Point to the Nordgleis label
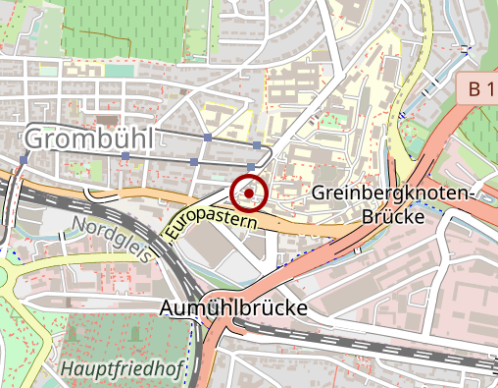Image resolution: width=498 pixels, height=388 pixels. pyautogui.click(x=112, y=239)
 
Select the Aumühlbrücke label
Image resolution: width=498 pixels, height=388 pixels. pyautogui.click(x=232, y=308)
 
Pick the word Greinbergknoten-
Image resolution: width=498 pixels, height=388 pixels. pyautogui.click(x=393, y=193)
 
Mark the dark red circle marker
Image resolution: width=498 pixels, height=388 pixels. pyautogui.click(x=250, y=194)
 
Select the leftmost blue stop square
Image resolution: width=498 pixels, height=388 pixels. pyautogui.click(x=22, y=159)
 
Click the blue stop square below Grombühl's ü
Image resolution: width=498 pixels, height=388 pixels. pyautogui.click(x=124, y=158)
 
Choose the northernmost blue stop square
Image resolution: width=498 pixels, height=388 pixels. pyautogui.click(x=208, y=136)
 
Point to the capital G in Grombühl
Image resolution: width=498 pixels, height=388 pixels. pyautogui.click(x=33, y=139)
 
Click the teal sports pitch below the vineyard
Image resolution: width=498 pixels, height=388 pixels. pyautogui.click(x=119, y=70)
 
